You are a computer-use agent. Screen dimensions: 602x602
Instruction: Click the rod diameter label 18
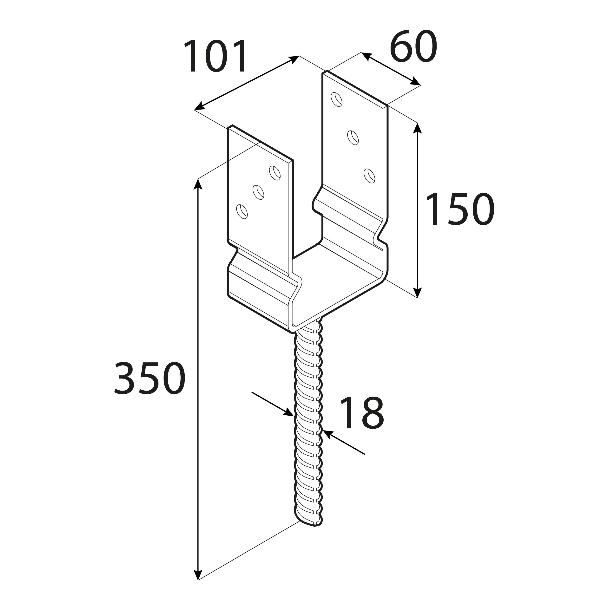click(362, 413)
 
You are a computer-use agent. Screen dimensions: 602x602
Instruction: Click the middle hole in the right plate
click(353, 137)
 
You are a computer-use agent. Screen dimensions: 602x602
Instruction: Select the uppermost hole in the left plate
click(275, 173)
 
